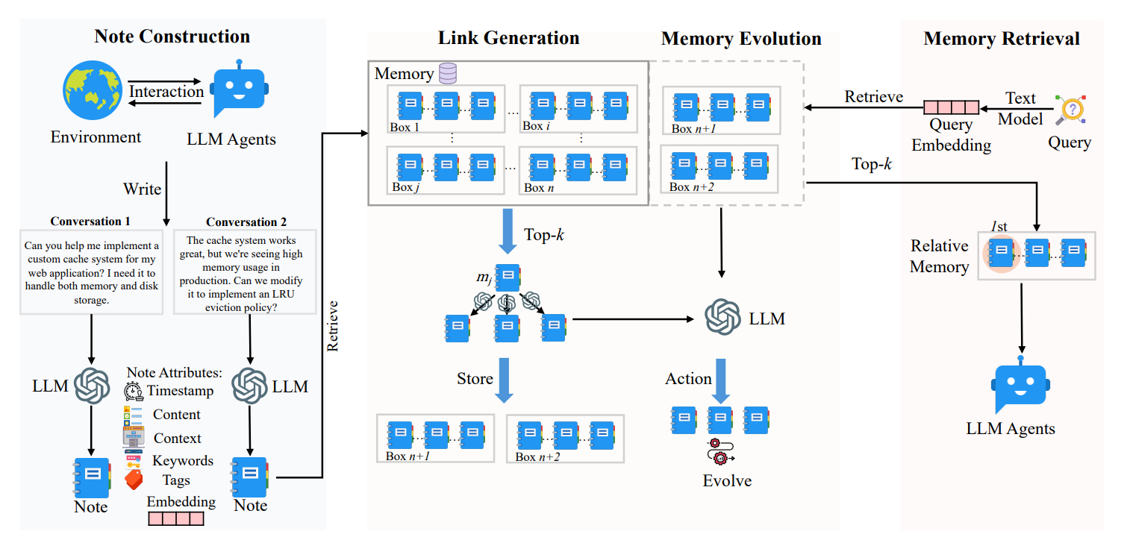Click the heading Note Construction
click(x=172, y=37)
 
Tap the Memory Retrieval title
click(x=1001, y=39)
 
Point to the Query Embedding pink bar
click(x=951, y=108)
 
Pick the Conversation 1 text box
click(x=91, y=273)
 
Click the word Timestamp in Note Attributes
click(x=180, y=390)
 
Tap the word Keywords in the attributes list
click(x=183, y=460)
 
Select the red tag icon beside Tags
click(x=134, y=478)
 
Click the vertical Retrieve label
click(x=334, y=326)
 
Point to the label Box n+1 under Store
click(x=407, y=456)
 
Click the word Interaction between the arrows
click(x=166, y=92)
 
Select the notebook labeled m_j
click(x=508, y=277)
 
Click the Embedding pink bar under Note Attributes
click(x=176, y=518)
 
